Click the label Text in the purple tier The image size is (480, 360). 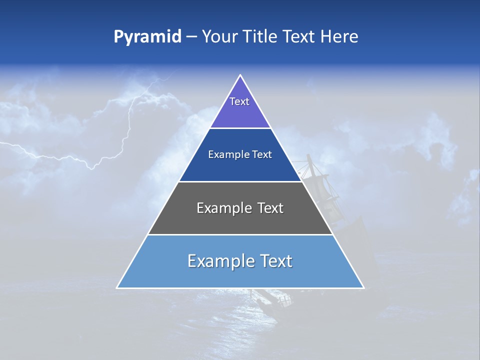[x=239, y=101]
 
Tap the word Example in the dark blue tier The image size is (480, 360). [x=224, y=155]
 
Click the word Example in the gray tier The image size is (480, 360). [x=219, y=208]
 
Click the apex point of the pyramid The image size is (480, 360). [x=240, y=75]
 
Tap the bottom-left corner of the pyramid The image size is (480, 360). [x=117, y=287]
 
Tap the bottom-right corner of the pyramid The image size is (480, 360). [x=363, y=287]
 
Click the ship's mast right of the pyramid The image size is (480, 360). [x=310, y=170]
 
